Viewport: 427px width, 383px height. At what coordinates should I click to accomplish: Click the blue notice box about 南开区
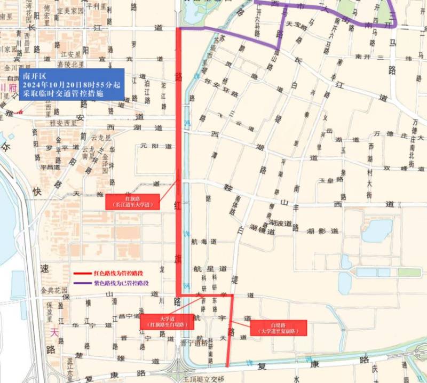[x=72, y=84]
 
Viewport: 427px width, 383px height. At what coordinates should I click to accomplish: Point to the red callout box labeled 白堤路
[x=278, y=328]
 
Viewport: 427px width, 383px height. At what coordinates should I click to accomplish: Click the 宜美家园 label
[x=70, y=11]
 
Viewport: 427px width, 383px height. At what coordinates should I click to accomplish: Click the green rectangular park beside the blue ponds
[x=409, y=273]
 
